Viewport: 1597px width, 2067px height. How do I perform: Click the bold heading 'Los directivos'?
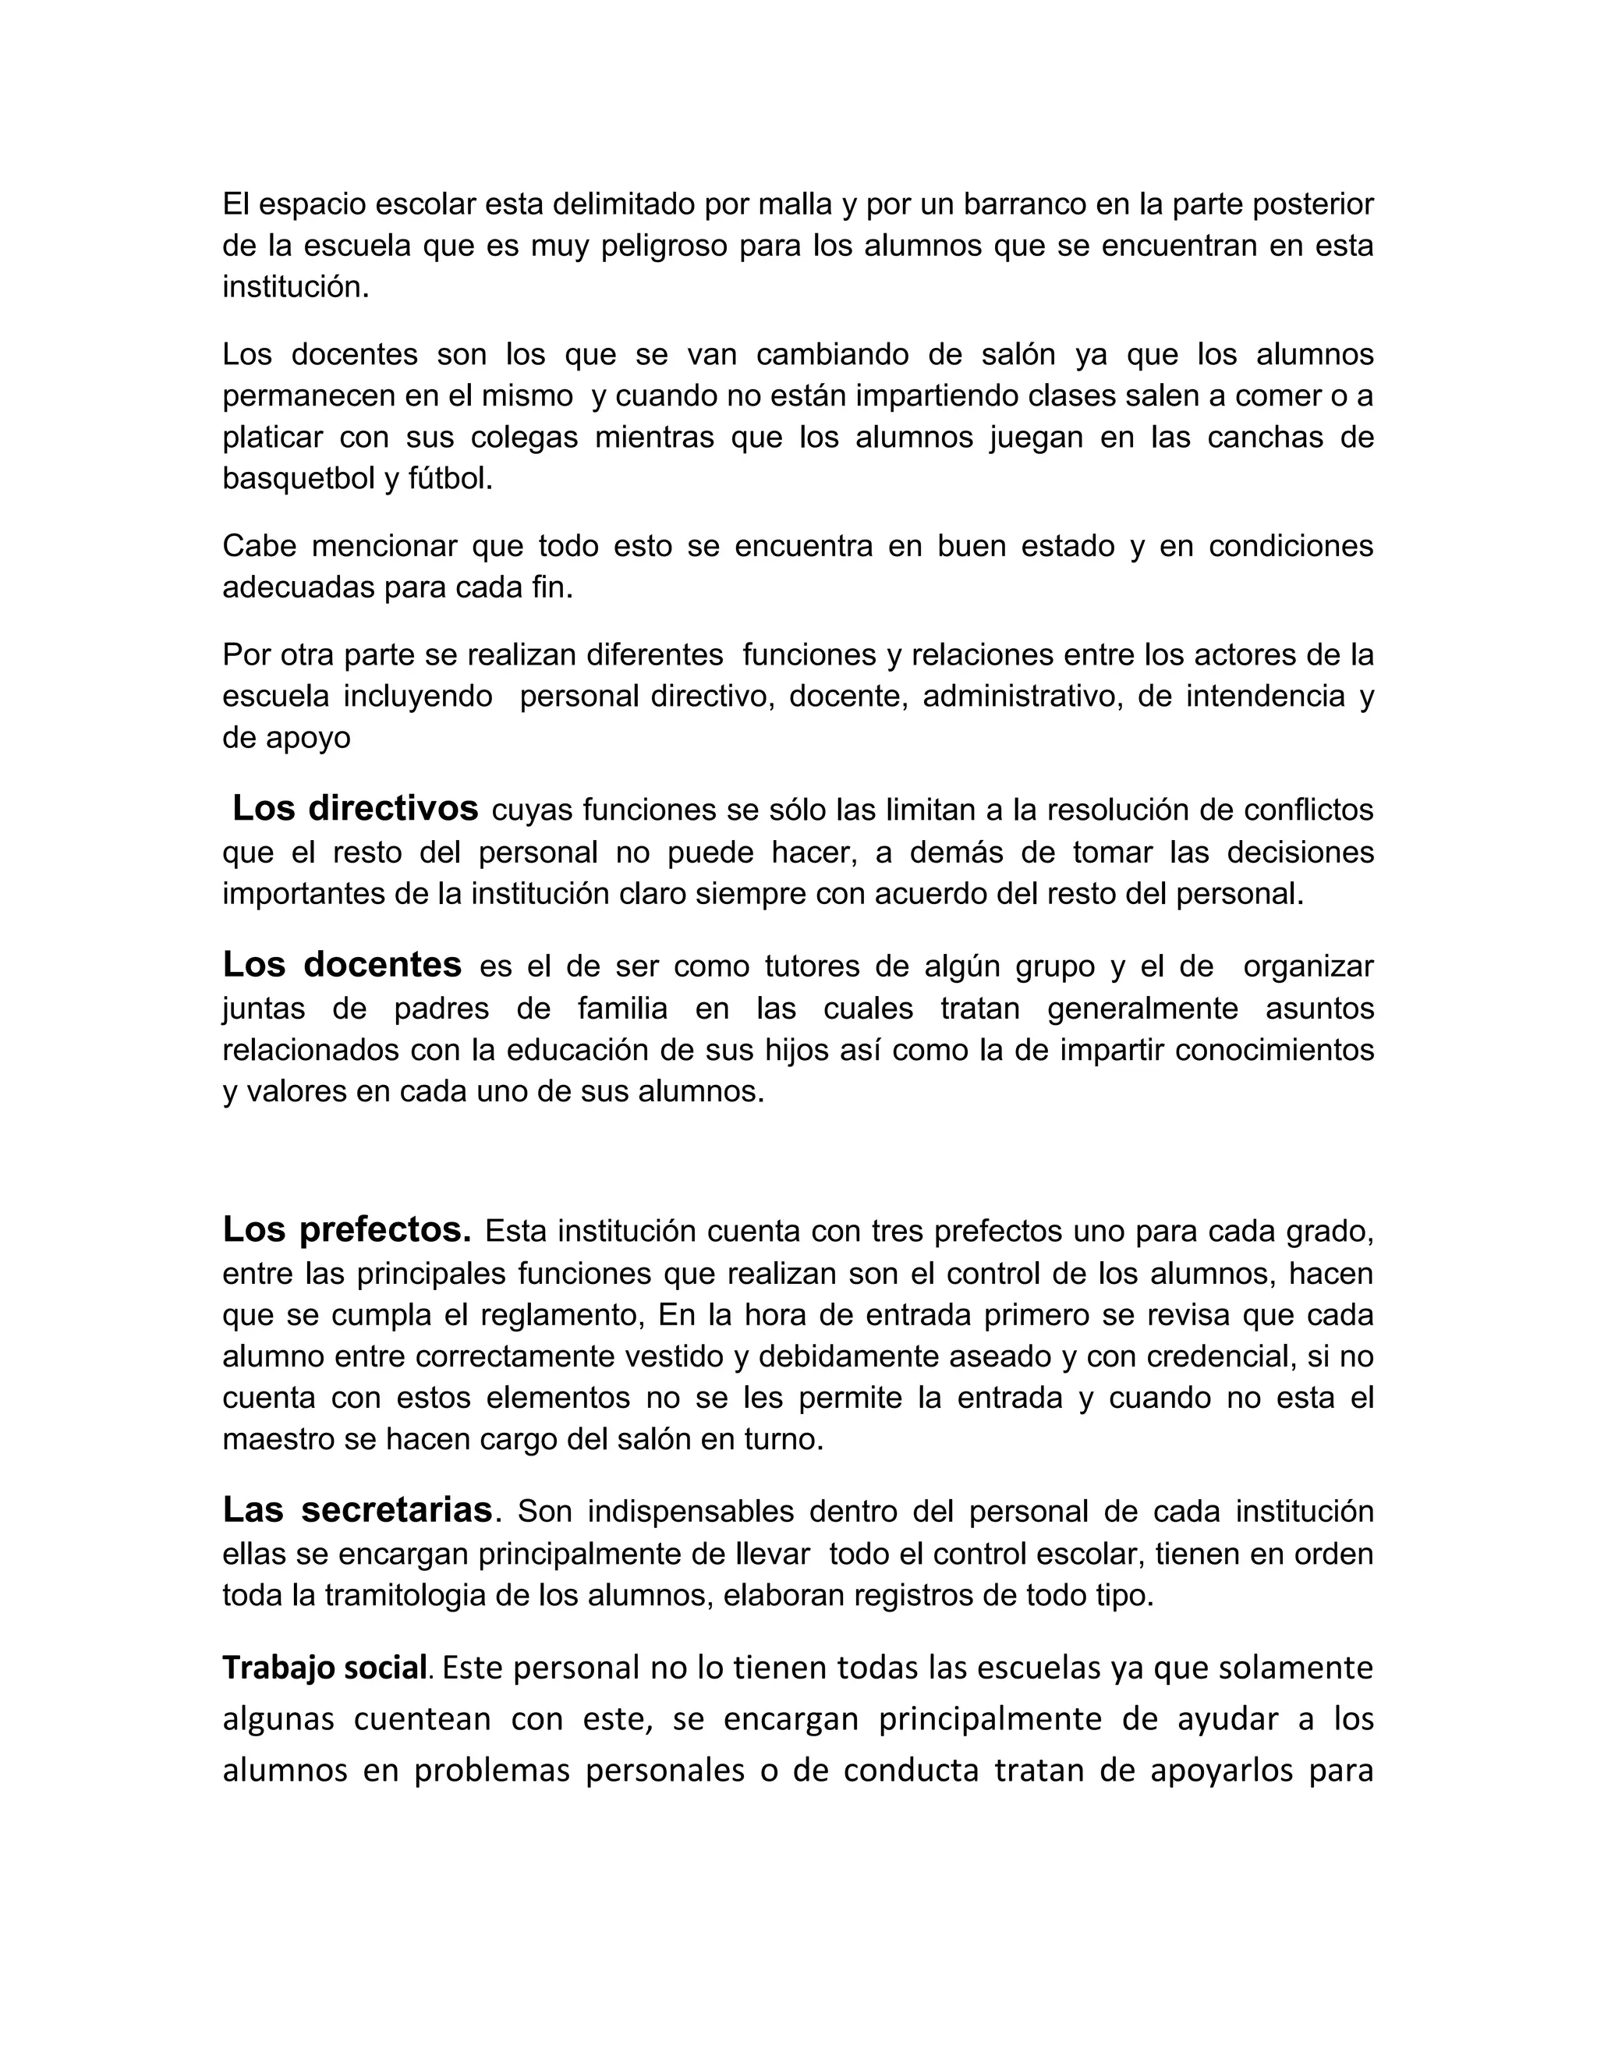356,809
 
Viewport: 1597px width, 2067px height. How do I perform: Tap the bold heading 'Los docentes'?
342,964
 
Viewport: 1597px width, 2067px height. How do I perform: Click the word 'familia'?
622,1008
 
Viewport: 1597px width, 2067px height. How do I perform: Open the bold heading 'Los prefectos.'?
347,1229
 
